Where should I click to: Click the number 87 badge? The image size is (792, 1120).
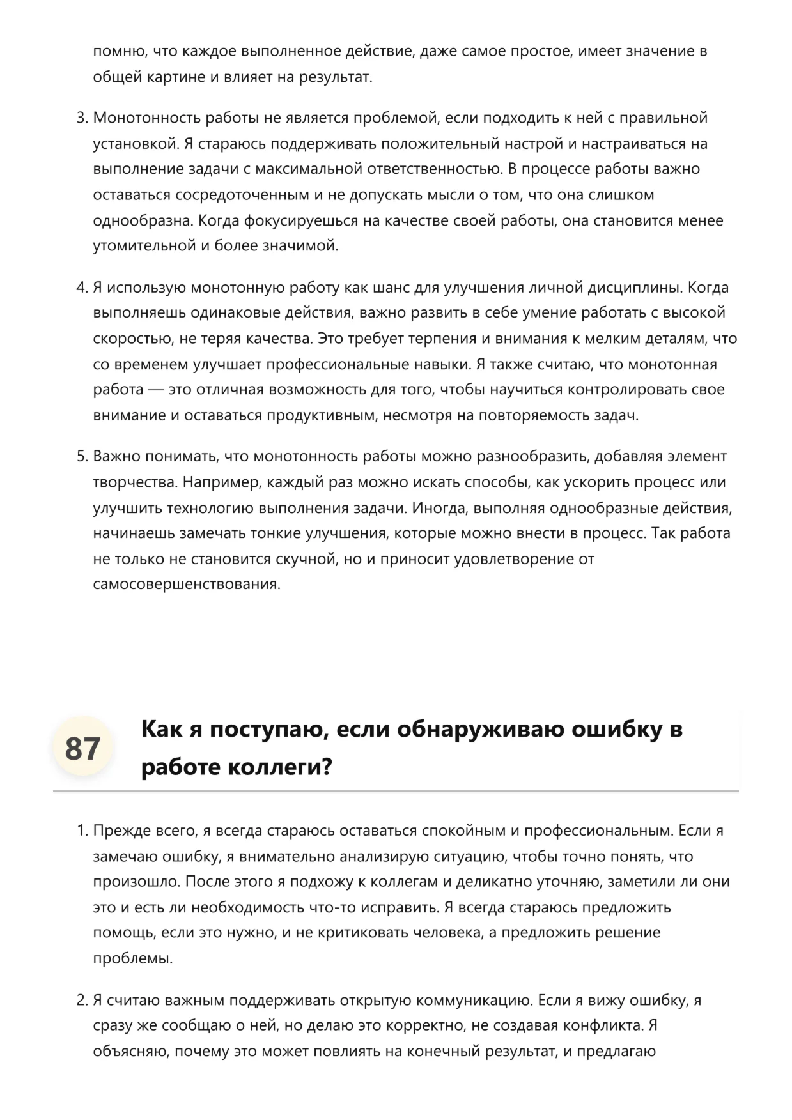82,748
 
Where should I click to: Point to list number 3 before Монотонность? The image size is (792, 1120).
81,118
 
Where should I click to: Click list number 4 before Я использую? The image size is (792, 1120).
81,288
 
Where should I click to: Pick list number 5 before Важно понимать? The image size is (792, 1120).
81,457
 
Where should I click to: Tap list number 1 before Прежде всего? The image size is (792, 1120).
81,831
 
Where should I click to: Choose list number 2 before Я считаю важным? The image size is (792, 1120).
81,1001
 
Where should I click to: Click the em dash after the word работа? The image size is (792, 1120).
155,390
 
